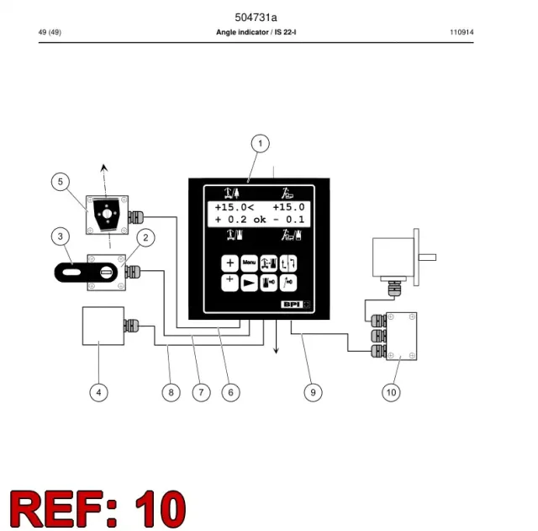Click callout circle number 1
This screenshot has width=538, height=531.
260,143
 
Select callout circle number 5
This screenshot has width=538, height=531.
61,182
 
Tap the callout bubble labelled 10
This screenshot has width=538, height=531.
391,392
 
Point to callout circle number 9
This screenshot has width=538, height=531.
313,392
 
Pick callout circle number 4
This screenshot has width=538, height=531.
99,392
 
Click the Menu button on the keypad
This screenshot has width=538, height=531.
249,263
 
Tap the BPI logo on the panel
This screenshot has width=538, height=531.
295,305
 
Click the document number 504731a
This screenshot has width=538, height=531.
256,17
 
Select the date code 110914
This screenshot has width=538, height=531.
462,32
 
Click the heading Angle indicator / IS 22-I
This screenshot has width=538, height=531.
256,32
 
